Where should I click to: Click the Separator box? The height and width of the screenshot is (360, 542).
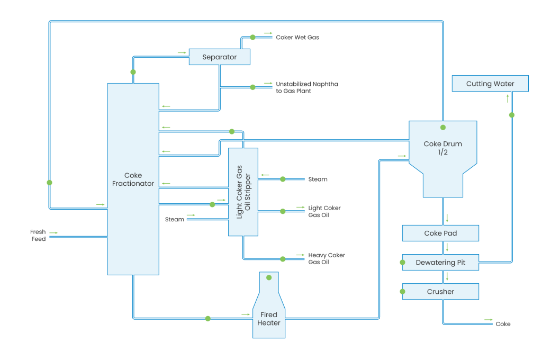pos(219,57)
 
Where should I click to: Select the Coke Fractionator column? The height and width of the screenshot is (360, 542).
pos(133,179)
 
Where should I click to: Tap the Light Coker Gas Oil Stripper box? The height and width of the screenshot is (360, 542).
pos(243,192)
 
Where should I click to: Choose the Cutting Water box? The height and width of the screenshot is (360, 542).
pos(490,84)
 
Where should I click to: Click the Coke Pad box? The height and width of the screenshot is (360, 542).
pos(440,233)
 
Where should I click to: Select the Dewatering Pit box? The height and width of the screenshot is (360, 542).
pos(440,263)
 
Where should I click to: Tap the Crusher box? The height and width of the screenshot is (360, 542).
pos(440,292)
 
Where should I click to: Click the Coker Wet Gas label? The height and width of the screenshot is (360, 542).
pos(297,38)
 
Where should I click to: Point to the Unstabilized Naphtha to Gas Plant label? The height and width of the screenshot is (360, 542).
pos(307,87)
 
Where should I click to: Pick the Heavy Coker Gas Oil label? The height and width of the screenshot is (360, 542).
pos(327,258)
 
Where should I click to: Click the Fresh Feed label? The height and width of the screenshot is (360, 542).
pos(38,236)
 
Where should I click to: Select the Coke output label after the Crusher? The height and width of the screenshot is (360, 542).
pos(503,323)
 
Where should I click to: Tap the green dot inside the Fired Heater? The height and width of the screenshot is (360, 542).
pos(269,277)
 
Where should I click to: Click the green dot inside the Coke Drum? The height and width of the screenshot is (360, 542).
pos(443,128)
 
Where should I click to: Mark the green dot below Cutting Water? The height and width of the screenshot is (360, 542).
pos(512,115)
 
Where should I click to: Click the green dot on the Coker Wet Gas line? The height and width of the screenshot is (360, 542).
pos(253,38)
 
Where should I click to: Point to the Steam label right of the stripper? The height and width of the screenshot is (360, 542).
pos(318,179)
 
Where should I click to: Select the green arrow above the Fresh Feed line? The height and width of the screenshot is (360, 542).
pos(53,232)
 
